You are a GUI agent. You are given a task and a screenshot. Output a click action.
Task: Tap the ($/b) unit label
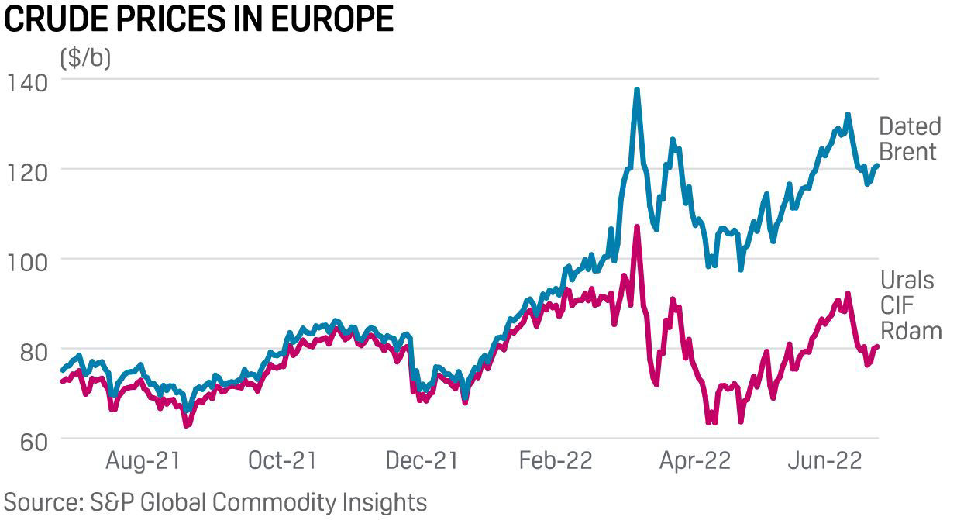click(84, 58)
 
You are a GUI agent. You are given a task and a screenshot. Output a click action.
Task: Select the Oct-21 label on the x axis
click(283, 460)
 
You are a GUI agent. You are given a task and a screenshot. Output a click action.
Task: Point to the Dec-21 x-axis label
click(422, 460)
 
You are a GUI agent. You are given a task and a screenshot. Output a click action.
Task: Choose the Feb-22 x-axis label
click(556, 460)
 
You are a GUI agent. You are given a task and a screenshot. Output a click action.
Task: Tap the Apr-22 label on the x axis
click(695, 460)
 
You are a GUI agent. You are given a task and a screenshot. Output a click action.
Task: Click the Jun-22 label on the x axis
click(826, 460)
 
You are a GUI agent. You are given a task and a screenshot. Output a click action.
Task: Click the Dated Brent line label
click(910, 139)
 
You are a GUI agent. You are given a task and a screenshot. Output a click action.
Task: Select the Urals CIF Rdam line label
click(911, 305)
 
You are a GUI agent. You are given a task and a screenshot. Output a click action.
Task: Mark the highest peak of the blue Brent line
click(637, 90)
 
